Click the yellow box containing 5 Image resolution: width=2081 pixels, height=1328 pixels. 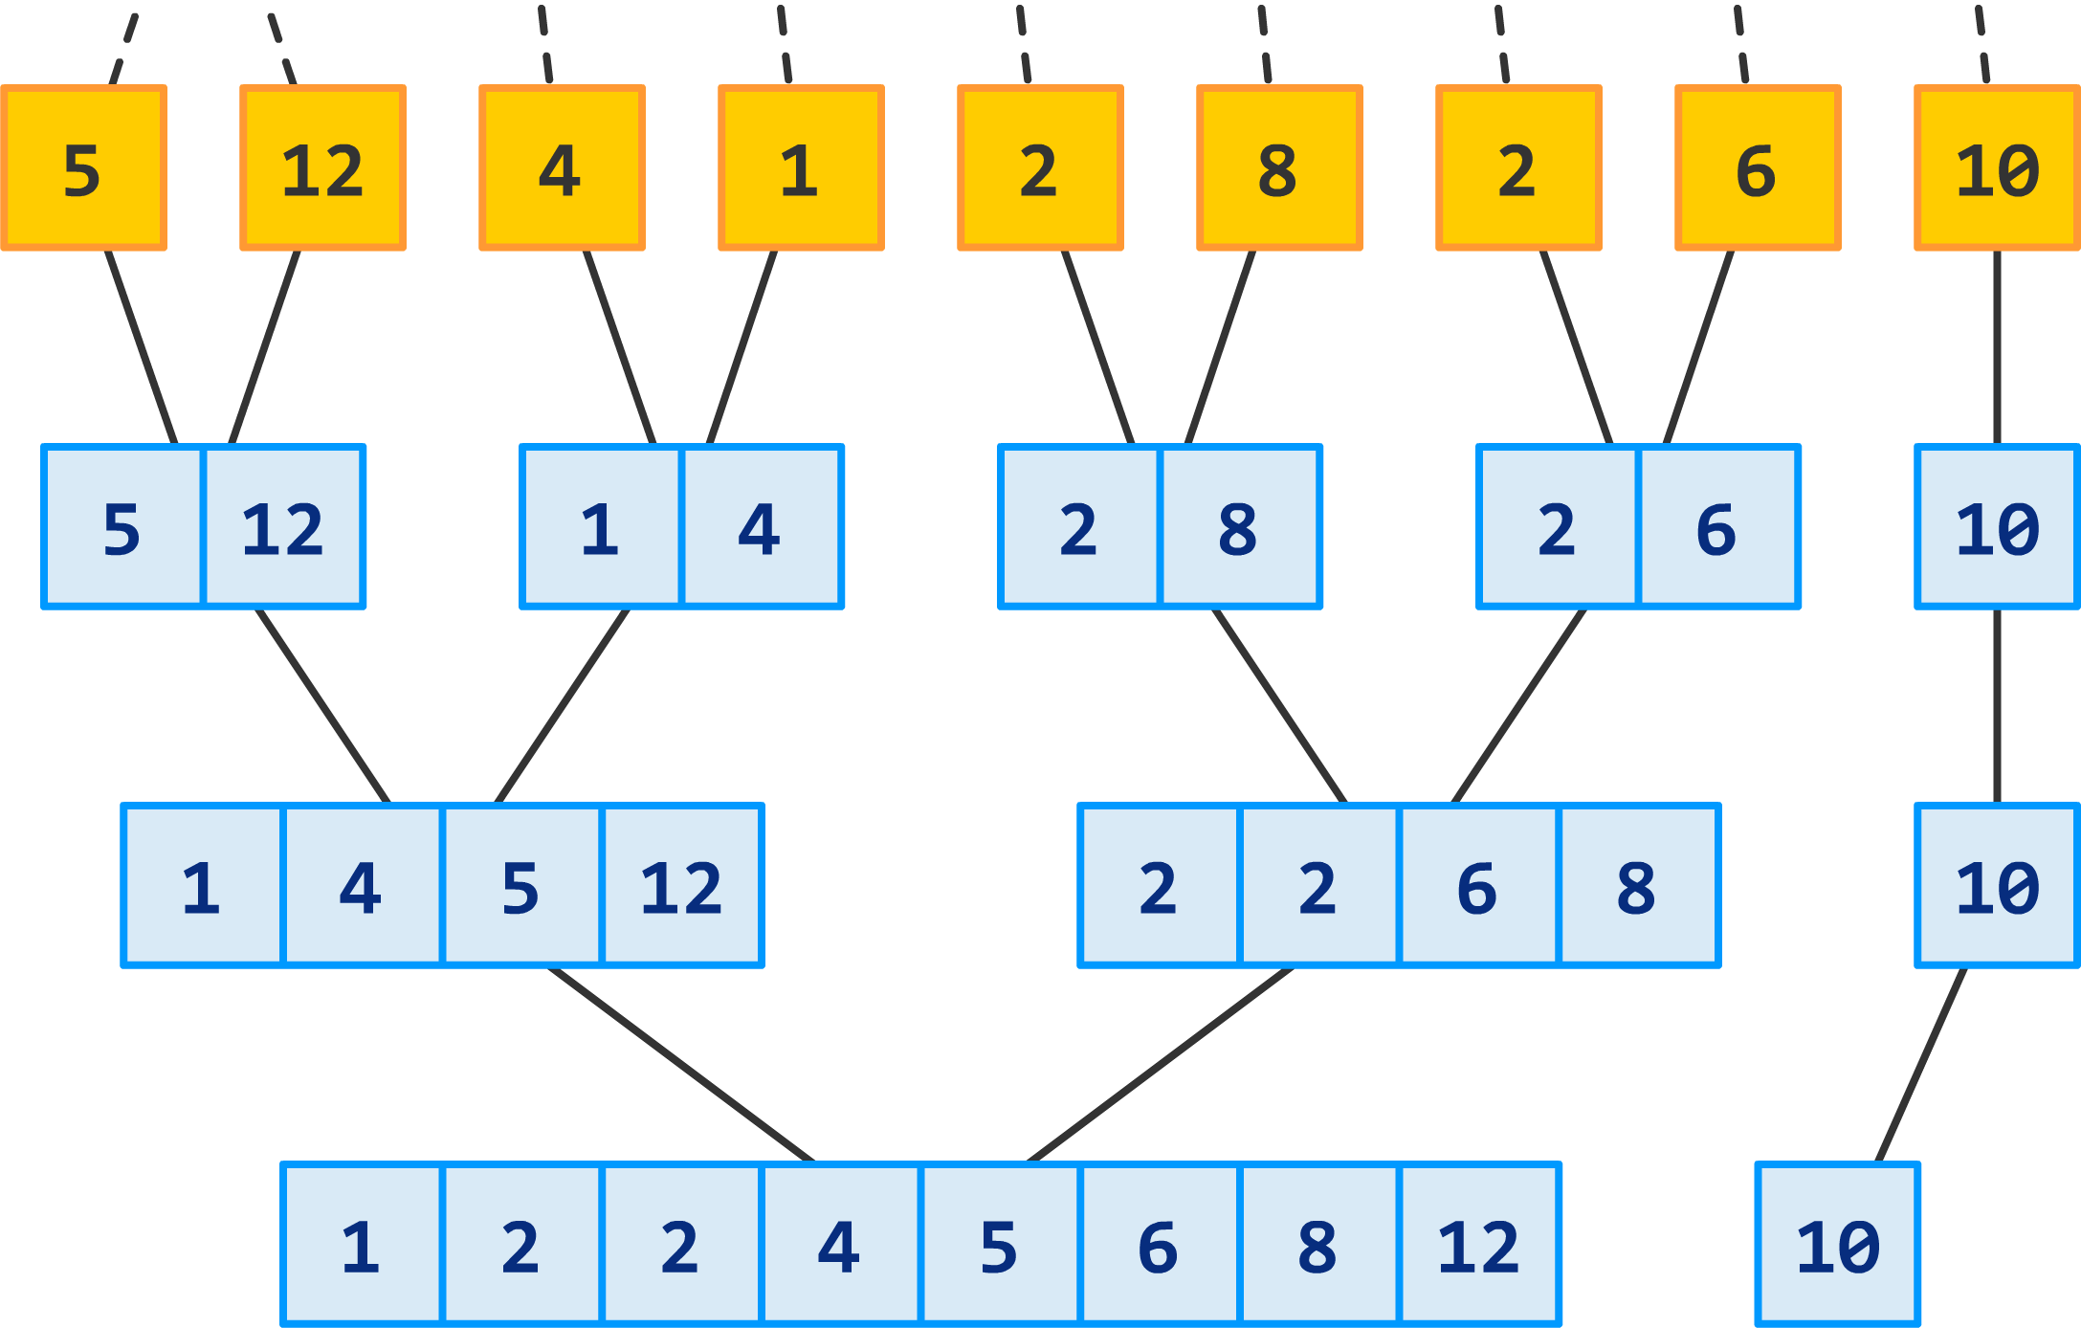(x=83, y=168)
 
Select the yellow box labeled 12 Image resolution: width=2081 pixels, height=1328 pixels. (x=322, y=168)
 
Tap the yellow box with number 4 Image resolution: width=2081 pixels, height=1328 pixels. (x=562, y=168)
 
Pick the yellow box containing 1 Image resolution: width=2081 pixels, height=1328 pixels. (x=801, y=168)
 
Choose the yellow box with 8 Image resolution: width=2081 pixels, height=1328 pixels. (x=1279, y=168)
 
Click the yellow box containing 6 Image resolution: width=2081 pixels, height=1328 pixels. (x=1758, y=168)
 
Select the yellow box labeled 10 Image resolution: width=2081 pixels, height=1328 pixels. (x=1997, y=168)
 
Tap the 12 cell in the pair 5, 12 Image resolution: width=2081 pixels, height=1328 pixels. (x=283, y=527)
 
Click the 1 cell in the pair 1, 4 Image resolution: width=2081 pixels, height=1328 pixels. (x=601, y=527)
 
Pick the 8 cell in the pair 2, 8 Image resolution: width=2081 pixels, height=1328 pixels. (x=1239, y=527)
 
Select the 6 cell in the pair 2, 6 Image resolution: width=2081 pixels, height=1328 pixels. (x=1717, y=527)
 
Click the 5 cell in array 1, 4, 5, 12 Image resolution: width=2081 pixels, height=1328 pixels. (x=521, y=886)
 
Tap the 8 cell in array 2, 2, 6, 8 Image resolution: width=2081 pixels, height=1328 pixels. (x=1637, y=886)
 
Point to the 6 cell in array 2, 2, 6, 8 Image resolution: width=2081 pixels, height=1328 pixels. (x=1478, y=886)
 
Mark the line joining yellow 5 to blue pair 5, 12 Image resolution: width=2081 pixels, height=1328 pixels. (x=142, y=347)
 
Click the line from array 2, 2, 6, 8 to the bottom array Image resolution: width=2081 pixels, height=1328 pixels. (x=1160, y=1065)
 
